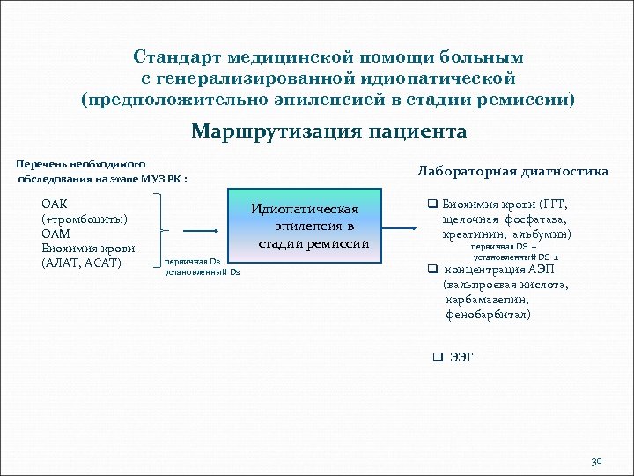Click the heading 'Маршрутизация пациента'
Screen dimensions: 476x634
(328, 132)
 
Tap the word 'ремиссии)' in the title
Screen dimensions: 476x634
(534, 100)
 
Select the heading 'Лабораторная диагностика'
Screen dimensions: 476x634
(512, 172)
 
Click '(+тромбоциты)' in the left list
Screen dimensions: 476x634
(85, 219)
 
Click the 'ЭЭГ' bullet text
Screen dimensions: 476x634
(461, 357)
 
